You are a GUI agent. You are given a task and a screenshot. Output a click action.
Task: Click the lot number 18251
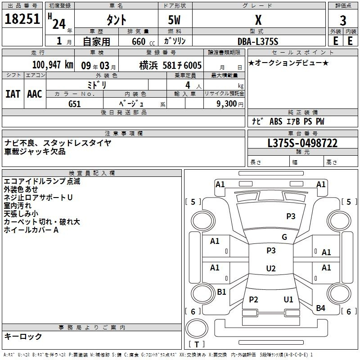[22, 19]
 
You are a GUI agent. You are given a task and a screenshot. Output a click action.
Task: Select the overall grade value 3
[343, 20]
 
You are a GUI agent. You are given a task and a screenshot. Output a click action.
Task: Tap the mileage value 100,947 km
[53, 65]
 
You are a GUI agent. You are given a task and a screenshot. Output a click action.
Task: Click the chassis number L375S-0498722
[302, 143]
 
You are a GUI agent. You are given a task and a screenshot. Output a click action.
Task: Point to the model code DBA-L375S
[258, 41]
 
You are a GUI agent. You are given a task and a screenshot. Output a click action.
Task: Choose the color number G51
[74, 104]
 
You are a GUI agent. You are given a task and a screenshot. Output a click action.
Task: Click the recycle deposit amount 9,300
[226, 104]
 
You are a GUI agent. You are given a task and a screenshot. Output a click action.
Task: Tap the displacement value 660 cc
[143, 42]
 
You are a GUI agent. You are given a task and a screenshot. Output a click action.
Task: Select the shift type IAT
[13, 94]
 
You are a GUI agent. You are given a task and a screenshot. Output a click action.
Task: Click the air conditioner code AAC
[35, 94]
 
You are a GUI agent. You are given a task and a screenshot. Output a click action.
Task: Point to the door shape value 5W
[174, 20]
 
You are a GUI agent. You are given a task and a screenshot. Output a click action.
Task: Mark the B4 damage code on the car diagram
[320, 308]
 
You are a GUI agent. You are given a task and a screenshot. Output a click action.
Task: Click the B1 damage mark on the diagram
[221, 292]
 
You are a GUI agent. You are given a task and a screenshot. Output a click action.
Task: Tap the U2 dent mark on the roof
[271, 268]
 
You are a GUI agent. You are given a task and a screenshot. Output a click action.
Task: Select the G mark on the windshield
[284, 237]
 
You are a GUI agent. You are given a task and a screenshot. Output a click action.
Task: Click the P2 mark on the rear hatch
[253, 299]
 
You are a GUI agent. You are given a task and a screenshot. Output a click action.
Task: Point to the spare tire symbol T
[197, 345]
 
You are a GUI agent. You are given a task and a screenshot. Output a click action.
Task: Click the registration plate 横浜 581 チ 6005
[171, 65]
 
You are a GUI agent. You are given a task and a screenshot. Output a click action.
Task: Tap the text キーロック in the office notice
[23, 336]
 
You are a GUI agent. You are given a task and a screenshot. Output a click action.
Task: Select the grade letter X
[258, 20]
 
